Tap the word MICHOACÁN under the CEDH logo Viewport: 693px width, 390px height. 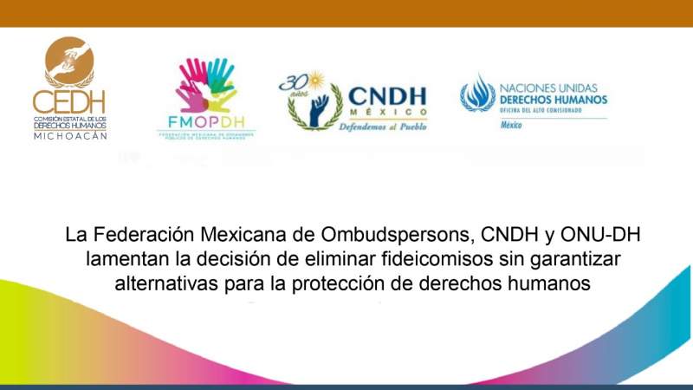[69, 136]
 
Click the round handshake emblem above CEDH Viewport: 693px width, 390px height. [69, 61]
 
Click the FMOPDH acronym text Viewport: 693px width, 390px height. [205, 122]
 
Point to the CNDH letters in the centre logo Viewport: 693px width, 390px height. [387, 94]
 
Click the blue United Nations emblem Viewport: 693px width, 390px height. [477, 94]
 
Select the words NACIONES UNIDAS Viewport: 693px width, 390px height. [552, 87]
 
